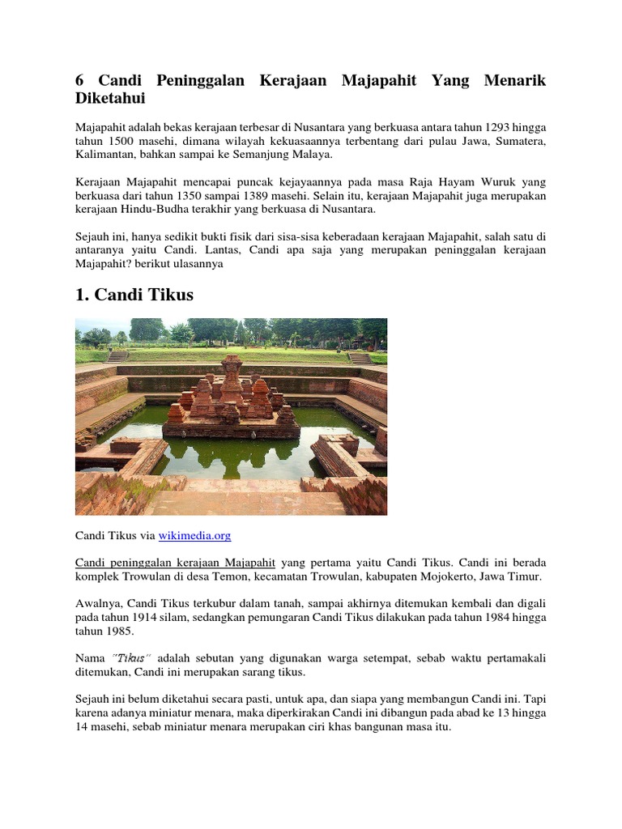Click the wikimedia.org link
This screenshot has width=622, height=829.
[x=195, y=536]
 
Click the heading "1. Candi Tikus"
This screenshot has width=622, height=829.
[x=134, y=295]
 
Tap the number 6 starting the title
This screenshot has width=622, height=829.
[x=79, y=81]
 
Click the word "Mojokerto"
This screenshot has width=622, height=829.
[x=473, y=576]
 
